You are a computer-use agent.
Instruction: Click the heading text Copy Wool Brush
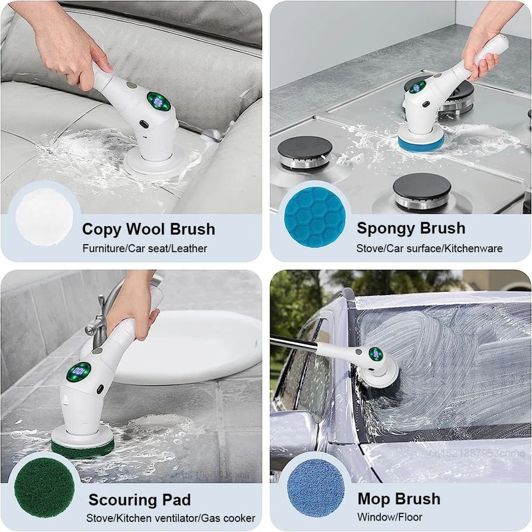tap(148, 229)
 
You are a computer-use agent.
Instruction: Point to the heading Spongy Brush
tap(411, 228)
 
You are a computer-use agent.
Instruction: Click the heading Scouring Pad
tap(140, 500)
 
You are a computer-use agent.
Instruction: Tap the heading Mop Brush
tap(399, 499)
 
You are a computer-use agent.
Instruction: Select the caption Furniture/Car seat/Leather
tap(144, 249)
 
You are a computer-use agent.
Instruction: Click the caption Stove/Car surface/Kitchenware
tap(430, 248)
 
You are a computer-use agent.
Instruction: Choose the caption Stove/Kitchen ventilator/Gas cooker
tap(171, 518)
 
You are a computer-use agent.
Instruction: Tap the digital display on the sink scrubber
tap(80, 371)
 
